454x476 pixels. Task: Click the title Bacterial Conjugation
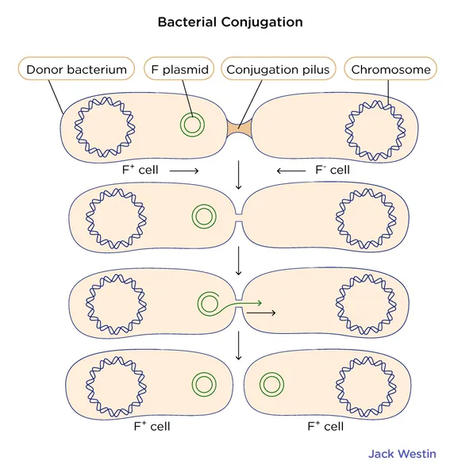230,22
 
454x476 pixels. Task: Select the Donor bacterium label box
76,69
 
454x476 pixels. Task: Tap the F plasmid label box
179,69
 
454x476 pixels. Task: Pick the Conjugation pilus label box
278,69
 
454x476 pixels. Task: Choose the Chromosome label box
391,69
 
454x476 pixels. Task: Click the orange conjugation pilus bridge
240,128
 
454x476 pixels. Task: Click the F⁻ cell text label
333,170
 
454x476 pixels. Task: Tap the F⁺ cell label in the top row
140,170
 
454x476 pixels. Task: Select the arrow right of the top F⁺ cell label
184,171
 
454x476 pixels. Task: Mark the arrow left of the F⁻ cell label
291,171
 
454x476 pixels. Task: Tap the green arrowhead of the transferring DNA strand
259,303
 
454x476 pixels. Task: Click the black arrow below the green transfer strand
261,313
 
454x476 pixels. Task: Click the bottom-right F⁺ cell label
325,426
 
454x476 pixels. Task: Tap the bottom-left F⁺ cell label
152,426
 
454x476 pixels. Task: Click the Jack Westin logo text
402,454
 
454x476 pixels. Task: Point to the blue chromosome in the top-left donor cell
105,99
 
